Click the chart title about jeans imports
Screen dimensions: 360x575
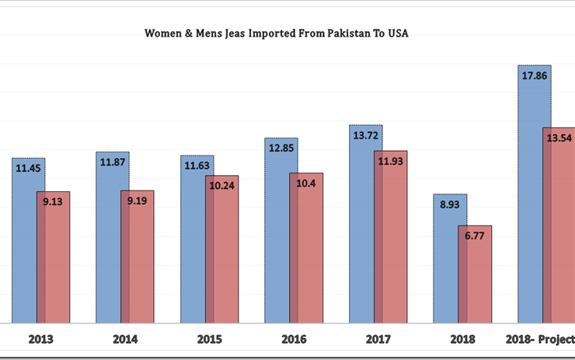coord(277,33)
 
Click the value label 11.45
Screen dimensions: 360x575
coord(29,167)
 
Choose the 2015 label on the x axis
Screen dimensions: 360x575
coord(209,339)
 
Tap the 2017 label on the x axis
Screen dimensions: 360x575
coord(378,339)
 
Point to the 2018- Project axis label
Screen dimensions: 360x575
coord(539,339)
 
